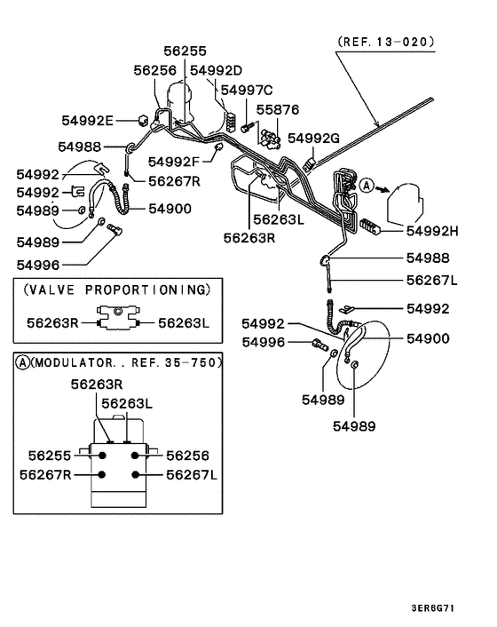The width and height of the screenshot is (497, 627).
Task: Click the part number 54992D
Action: pyautogui.click(x=217, y=69)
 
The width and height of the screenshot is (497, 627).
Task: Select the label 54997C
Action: pyautogui.click(x=247, y=90)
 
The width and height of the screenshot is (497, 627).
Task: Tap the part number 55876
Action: pyautogui.click(x=278, y=109)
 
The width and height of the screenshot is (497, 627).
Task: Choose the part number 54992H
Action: pyautogui.click(x=431, y=230)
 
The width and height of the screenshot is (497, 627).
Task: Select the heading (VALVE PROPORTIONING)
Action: pyautogui.click(x=116, y=290)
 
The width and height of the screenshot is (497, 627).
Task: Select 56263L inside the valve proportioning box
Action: pyautogui.click(x=183, y=323)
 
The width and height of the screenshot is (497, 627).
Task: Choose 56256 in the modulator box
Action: pyautogui.click(x=188, y=455)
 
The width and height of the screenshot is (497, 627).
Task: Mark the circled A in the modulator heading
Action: pyautogui.click(x=21, y=362)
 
